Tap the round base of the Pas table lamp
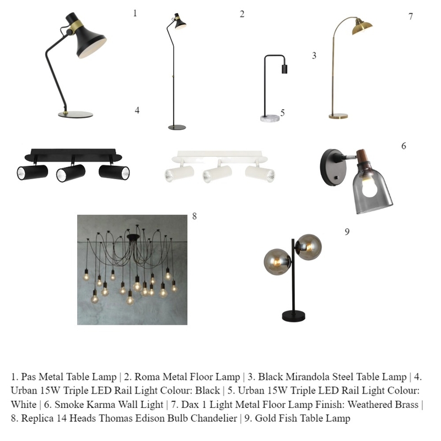[76, 115]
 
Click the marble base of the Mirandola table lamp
[271, 117]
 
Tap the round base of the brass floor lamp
[338, 116]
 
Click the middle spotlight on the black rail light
[71, 173]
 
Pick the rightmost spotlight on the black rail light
[114, 171]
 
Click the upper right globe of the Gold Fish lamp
[309, 246]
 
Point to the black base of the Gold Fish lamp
[294, 316]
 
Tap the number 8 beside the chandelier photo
[194, 216]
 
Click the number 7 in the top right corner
[411, 17]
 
